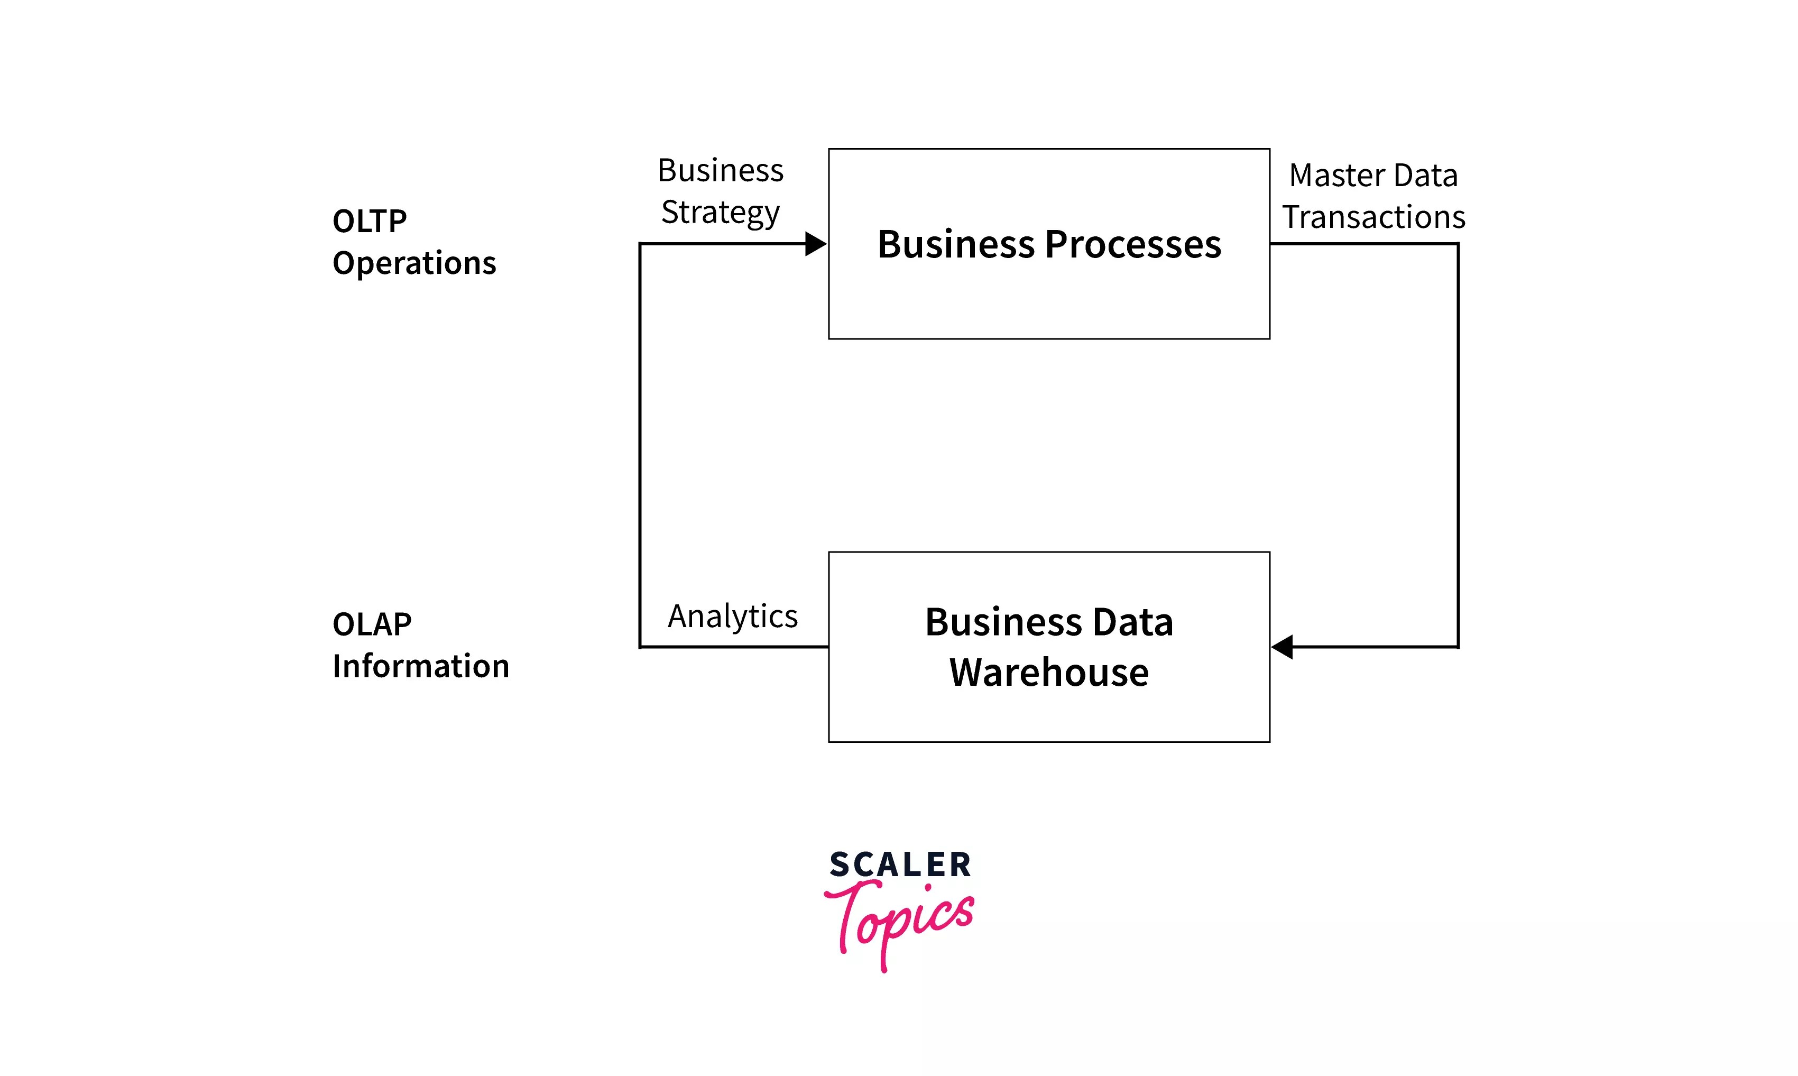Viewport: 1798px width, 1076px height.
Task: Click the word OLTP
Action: point(369,221)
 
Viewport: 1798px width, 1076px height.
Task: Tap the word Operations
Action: point(414,263)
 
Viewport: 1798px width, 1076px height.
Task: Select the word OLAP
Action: point(372,624)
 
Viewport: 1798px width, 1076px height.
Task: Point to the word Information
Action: point(420,666)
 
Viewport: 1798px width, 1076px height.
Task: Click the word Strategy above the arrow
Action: point(720,213)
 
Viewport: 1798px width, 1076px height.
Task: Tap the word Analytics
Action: point(732,617)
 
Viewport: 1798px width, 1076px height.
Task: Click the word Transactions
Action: point(1373,217)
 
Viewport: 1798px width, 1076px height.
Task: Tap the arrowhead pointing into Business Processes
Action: point(816,244)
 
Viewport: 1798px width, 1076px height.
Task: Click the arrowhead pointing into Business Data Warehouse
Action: point(1283,647)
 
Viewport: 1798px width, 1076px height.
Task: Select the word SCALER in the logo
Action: point(900,865)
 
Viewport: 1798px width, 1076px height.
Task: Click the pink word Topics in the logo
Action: point(899,921)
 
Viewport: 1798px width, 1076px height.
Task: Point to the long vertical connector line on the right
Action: point(1458,445)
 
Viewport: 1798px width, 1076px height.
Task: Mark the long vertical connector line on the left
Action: point(640,445)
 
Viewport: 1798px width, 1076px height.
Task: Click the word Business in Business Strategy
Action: point(720,171)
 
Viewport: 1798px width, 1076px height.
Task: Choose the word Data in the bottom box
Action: point(1132,622)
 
